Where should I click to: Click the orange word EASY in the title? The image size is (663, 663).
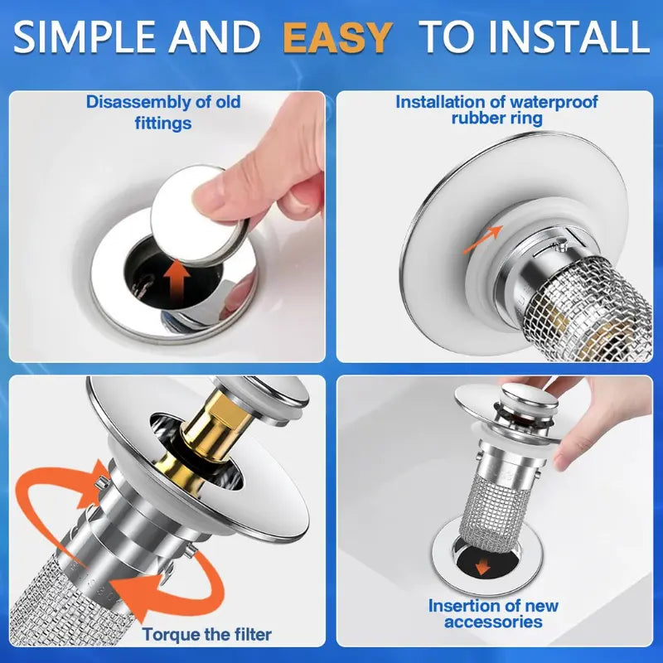336,37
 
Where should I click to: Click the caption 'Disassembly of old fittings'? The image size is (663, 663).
163,113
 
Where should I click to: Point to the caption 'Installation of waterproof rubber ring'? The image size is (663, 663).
496,110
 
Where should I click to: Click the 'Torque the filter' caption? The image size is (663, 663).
206,635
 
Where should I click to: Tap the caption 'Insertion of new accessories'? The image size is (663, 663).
493,613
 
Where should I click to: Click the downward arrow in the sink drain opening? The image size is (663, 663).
481,566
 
